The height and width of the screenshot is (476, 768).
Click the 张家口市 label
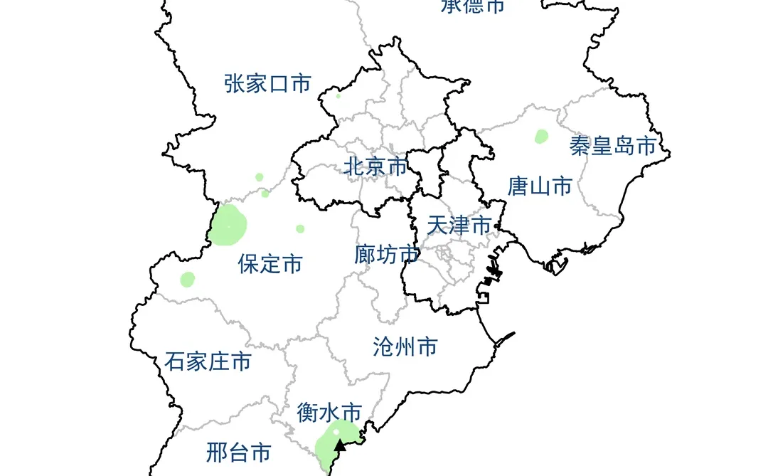pos(267,83)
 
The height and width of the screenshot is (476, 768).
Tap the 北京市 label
pos(375,166)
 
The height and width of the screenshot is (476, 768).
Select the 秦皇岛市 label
pos(612,146)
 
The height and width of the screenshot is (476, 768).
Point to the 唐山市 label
pos(540,186)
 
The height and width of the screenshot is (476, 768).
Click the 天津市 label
pos(459,226)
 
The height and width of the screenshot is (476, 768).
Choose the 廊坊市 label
pos(386,254)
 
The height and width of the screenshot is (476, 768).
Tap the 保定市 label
pos(270,264)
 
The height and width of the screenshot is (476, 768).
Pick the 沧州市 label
pos(405,347)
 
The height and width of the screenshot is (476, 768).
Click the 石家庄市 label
pos(208,361)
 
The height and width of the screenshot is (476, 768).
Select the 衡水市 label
pos(329,412)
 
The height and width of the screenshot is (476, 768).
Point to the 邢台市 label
pos(239,452)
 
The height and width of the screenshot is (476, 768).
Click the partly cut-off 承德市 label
pos(472,6)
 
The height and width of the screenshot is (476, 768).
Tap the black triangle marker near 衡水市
pos(341,445)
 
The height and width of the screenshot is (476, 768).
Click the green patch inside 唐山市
pos(541,136)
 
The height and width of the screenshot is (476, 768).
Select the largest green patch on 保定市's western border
pos(228,225)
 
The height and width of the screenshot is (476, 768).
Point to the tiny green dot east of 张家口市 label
pos(338,96)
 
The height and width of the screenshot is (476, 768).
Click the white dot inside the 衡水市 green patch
pos(336,432)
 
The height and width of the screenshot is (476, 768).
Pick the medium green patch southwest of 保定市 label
pos(187,279)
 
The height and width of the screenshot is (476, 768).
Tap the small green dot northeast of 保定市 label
pos(300,228)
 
